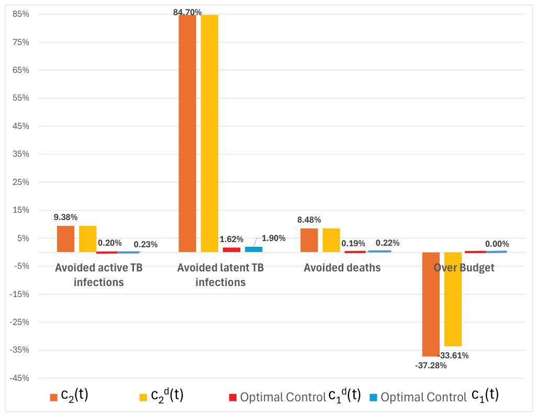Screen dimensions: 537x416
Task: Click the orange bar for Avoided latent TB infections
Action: click(x=187, y=134)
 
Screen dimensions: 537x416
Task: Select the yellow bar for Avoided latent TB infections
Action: click(x=209, y=134)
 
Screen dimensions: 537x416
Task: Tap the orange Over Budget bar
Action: click(x=431, y=304)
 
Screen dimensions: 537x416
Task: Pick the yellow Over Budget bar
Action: click(x=453, y=299)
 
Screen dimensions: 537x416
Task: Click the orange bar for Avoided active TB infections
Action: click(x=66, y=239)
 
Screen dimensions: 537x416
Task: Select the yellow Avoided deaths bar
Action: click(x=331, y=240)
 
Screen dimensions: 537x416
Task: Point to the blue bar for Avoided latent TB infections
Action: click(x=253, y=249)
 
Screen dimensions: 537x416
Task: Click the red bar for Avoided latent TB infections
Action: click(x=231, y=250)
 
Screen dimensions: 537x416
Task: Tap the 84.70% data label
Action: click(x=187, y=13)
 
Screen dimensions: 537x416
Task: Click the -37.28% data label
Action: click(x=431, y=366)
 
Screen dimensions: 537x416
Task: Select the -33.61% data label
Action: click(x=453, y=355)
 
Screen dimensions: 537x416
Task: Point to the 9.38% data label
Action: click(x=65, y=217)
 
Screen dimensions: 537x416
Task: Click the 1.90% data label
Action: click(x=274, y=238)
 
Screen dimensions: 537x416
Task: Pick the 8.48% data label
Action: click(x=309, y=220)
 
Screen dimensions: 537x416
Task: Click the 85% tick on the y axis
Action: click(x=21, y=14)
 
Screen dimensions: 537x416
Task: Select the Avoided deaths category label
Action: click(x=342, y=268)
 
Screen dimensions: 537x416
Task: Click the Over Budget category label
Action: click(x=464, y=268)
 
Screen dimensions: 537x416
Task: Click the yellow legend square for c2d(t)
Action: click(x=143, y=397)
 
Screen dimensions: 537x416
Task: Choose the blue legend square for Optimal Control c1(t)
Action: click(x=373, y=398)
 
